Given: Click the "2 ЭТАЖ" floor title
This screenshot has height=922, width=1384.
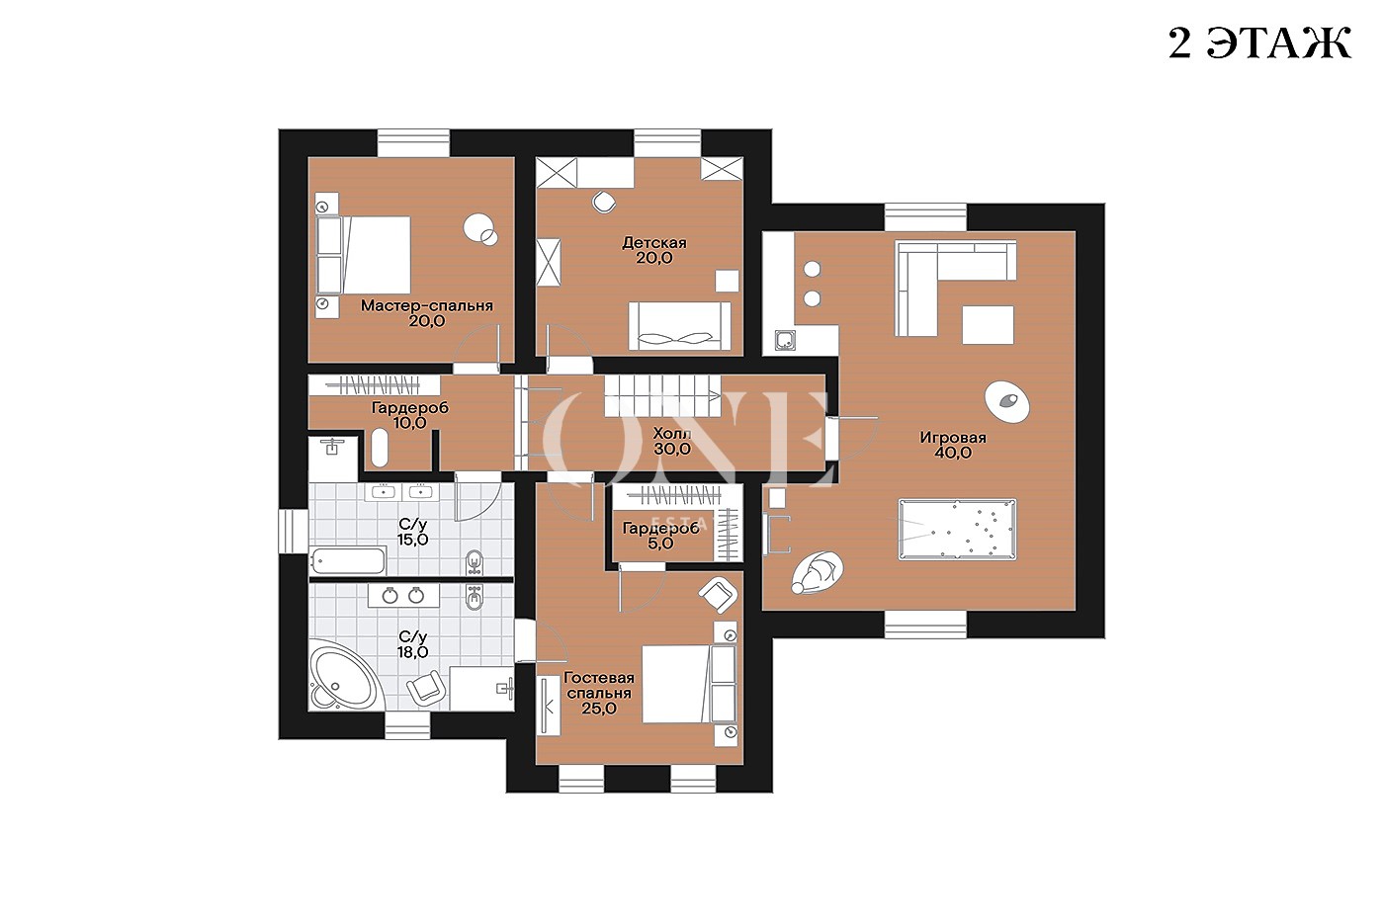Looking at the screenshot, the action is click(1258, 43).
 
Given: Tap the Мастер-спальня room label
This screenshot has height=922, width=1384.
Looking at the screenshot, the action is click(427, 305).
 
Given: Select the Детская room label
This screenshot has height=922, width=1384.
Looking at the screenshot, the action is click(654, 243).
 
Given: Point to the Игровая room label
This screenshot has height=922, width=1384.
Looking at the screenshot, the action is click(953, 438).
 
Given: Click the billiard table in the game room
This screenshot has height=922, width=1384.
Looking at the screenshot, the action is click(957, 530).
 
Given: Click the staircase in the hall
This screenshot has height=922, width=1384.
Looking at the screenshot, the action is click(662, 395).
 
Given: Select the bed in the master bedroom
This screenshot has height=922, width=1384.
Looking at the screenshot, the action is click(364, 254).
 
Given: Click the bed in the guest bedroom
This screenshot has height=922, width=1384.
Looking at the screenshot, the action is click(690, 684).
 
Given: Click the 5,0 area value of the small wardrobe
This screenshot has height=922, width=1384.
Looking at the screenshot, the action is click(660, 544).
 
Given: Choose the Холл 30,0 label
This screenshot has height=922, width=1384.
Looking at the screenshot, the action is click(672, 441).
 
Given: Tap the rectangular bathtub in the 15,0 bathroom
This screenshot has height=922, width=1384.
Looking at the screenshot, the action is click(347, 560).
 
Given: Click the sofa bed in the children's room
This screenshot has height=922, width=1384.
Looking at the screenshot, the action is click(680, 326).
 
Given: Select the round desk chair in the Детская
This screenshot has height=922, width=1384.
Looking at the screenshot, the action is click(604, 202).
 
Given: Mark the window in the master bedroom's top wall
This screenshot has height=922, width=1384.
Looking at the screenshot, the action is click(413, 142).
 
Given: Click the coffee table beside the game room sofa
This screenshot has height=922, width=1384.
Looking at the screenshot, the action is click(988, 325).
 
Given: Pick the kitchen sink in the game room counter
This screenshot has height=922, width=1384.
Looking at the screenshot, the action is click(785, 340).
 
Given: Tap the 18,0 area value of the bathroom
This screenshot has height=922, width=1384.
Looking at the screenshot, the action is click(413, 652).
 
